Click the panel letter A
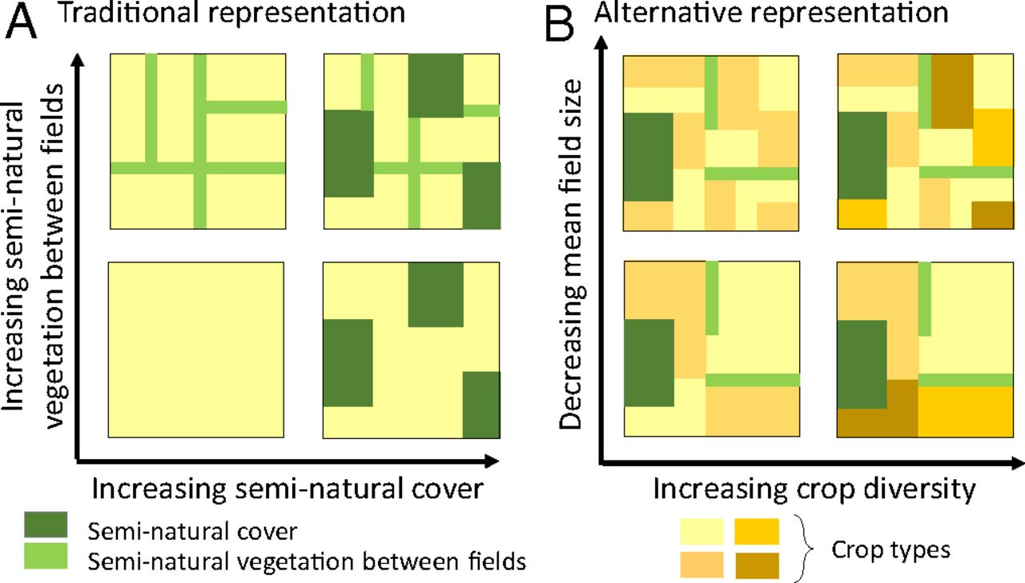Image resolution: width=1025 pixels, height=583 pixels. coord(23,25)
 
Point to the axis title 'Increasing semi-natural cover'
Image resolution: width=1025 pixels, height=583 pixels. coord(288,489)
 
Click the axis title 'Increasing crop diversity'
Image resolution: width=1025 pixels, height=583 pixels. coord(815,489)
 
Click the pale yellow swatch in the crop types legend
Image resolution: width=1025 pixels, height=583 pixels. coord(702,531)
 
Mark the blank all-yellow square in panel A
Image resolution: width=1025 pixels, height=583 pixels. coord(197,349)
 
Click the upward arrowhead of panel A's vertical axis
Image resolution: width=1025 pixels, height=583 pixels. coord(78,60)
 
